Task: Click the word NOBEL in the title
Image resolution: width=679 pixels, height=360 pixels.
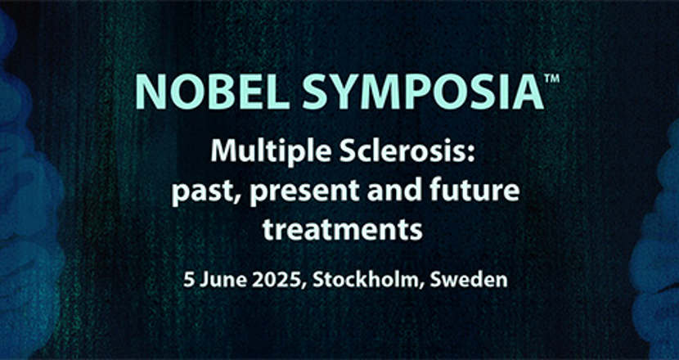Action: point(213,92)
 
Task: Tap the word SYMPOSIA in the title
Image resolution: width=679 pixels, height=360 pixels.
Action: point(423,92)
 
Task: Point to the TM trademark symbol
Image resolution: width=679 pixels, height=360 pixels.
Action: point(552,79)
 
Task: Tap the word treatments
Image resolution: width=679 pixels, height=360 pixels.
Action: point(342,229)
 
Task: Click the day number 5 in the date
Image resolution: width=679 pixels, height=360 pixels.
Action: point(188,281)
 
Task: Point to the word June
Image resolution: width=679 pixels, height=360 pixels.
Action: point(219,281)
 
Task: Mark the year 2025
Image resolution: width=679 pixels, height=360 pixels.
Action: point(275,281)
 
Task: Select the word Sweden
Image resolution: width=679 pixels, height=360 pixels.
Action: point(469,280)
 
